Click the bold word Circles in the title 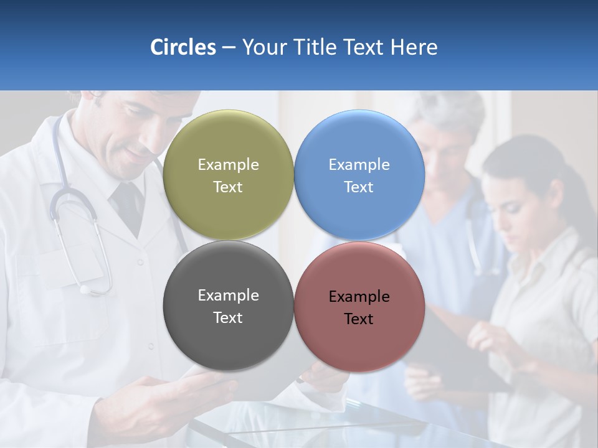[183, 47]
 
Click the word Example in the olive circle [228, 164]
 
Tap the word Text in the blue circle [359, 187]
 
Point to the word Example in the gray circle [228, 295]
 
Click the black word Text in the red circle [359, 319]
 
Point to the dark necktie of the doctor [128, 205]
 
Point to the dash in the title [229, 48]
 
